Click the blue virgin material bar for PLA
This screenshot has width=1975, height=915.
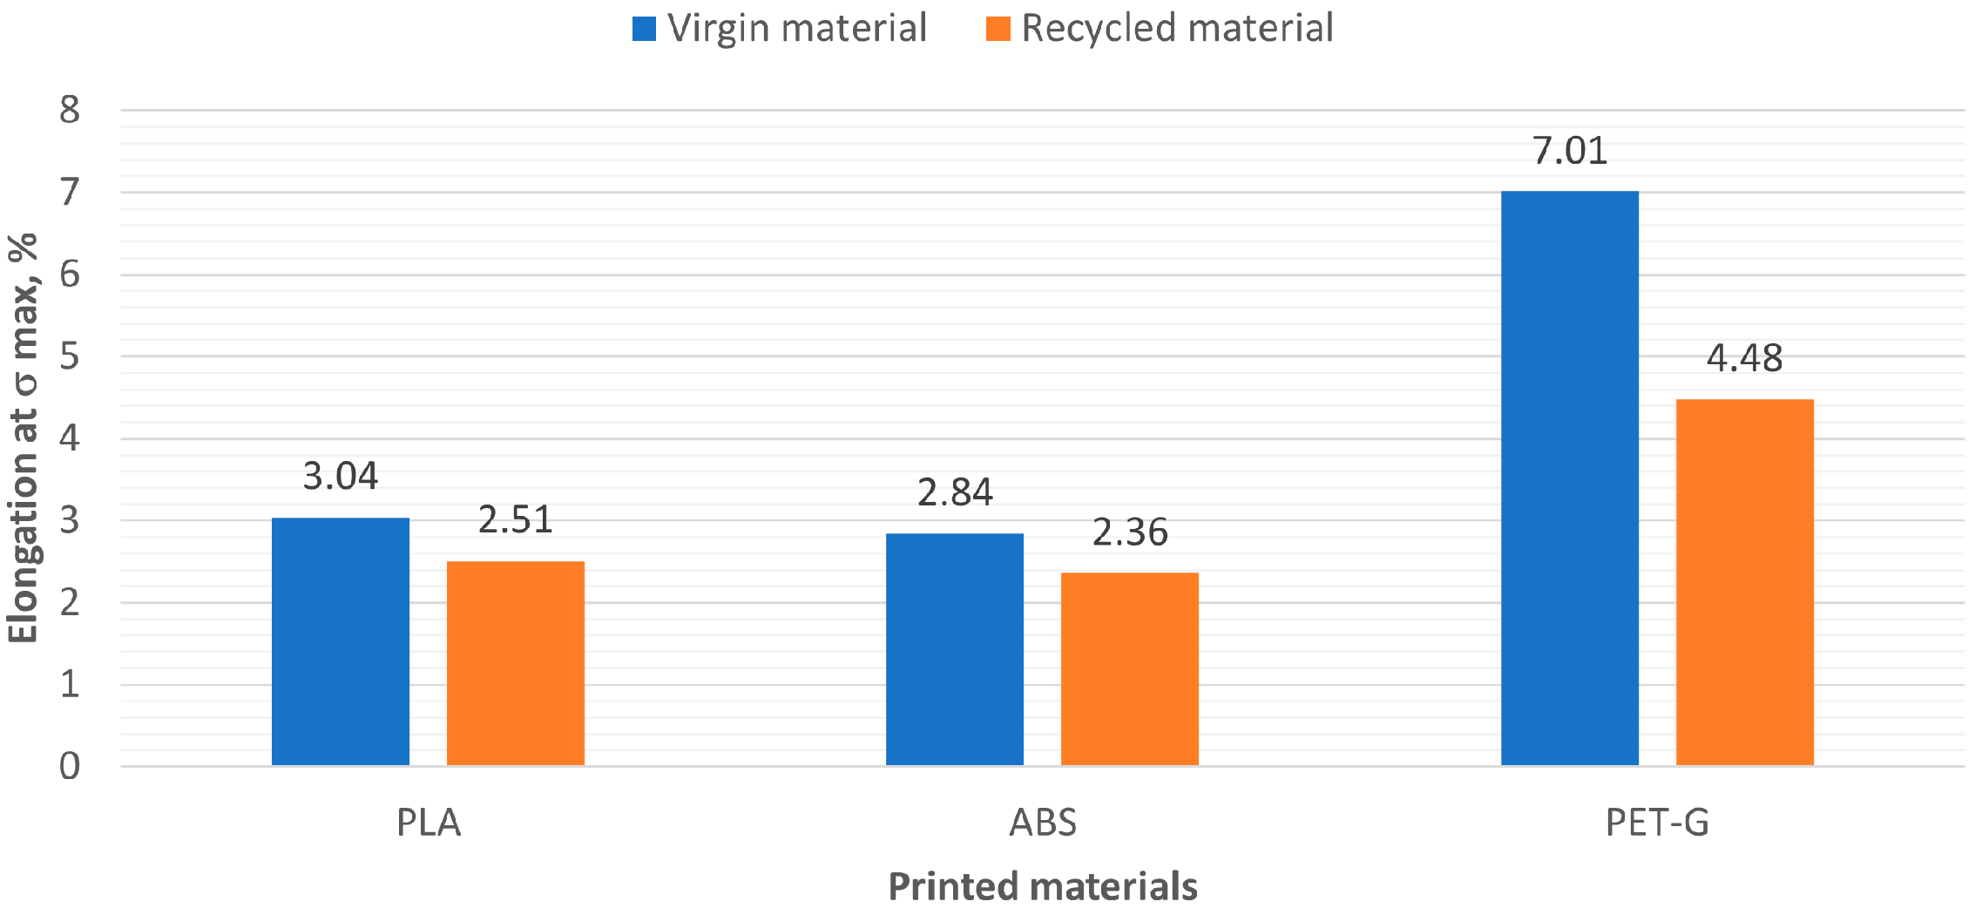(340, 641)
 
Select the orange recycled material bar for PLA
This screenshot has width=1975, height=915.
(515, 663)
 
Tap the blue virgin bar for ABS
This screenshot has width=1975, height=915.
(954, 649)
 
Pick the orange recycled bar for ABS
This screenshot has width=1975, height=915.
(1129, 668)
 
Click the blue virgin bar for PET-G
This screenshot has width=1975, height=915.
(1569, 478)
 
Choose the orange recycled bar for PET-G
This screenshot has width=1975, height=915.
(1744, 582)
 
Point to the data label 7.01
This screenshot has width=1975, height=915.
(1569, 151)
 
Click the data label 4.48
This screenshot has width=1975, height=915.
(1744, 358)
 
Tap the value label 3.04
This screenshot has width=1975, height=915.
(340, 476)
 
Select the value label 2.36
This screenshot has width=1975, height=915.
(1129, 532)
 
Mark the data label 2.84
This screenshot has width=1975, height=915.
(954, 492)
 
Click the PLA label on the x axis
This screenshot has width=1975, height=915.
(428, 823)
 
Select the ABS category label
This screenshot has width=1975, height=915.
(1042, 823)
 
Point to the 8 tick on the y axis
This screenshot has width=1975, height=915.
(70, 110)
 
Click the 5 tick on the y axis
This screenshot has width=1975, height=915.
(70, 356)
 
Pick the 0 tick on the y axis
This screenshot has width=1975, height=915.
(70, 766)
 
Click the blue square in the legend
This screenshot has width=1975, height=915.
(644, 29)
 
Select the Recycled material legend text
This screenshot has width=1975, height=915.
(1176, 28)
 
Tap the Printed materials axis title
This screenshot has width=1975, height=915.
(1042, 886)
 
